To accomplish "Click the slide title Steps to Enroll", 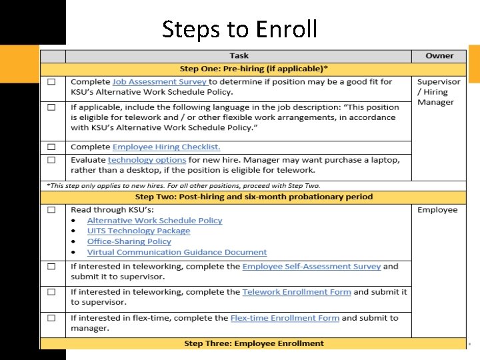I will (240, 29).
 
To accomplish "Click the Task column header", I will (239, 56).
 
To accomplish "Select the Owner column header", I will (439, 56).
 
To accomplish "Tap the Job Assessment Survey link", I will (159, 81).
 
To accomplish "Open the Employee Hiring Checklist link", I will (166, 147).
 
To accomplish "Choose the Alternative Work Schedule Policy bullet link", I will (155, 221).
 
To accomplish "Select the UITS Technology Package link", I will (139, 231).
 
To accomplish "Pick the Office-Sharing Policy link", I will (129, 242).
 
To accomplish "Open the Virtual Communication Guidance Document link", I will (177, 253).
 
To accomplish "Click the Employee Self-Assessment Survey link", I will (311, 266).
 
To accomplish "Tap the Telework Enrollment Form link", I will (297, 292).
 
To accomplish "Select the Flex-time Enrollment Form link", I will (285, 318).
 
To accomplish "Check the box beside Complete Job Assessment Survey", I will (51, 82).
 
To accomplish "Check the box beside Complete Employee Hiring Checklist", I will (51, 147).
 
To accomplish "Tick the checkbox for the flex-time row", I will (51, 319).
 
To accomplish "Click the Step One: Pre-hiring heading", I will (253, 69).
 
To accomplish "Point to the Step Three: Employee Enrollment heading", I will (253, 343).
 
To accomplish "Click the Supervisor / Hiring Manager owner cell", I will (438, 92).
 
